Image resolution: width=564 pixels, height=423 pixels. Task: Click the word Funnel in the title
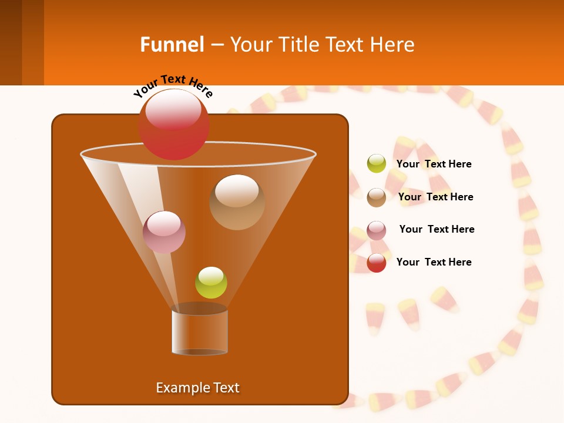coord(172,45)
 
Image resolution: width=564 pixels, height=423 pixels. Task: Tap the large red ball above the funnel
coord(174,125)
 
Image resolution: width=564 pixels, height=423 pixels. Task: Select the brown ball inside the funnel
coord(237,202)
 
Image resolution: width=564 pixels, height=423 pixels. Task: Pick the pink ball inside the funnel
coord(164,232)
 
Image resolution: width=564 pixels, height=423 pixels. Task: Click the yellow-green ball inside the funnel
coord(211,283)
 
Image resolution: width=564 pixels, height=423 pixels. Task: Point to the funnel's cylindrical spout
coord(200,332)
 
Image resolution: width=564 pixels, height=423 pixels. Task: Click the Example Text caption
coord(197,388)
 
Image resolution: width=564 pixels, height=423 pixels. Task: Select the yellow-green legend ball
coord(377,164)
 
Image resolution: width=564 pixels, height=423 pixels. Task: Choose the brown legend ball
coord(377,197)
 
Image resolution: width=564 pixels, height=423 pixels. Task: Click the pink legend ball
coord(377,230)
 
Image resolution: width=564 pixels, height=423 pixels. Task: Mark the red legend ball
coord(377,263)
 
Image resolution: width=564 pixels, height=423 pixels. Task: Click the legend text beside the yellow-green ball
coord(434,164)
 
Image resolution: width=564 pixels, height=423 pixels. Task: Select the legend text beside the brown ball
coord(435,197)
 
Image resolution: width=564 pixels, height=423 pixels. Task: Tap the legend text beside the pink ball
coord(437,229)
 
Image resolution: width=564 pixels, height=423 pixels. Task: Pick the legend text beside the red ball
coord(434,262)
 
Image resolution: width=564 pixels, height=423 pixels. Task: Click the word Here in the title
coord(392,45)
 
